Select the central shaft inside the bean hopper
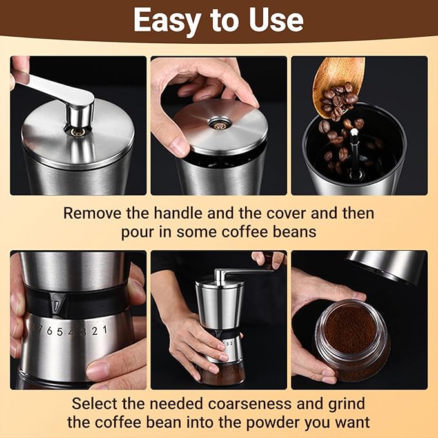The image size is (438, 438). click(353, 148)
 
